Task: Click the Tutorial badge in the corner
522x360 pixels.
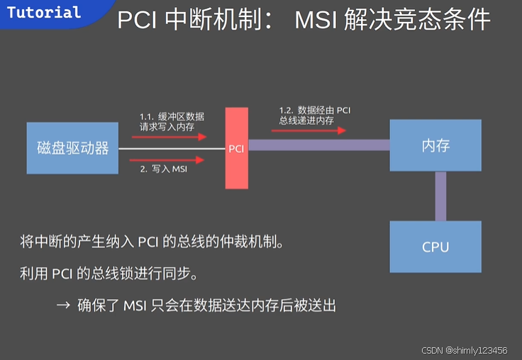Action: pos(44,13)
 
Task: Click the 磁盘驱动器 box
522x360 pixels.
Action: pos(72,148)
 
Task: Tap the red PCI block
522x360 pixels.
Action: pos(237,148)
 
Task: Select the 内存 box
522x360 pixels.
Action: pos(435,146)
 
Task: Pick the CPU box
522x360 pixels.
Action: pos(435,247)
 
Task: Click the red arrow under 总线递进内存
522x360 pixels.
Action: pos(312,130)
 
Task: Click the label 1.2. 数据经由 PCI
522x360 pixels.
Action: pos(315,110)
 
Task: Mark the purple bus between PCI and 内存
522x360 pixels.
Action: pos(318,145)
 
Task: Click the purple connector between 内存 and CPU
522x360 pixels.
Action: pos(440,196)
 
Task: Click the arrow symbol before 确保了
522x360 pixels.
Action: pos(62,305)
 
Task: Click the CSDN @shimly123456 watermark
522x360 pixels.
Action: pos(464,351)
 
